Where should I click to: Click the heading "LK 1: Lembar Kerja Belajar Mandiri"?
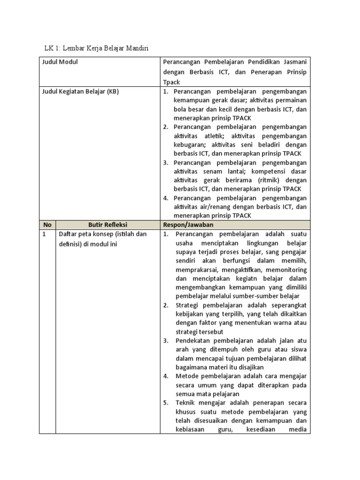point(96,48)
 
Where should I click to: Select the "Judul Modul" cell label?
point(60,62)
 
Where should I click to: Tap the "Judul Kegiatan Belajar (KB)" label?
point(80,91)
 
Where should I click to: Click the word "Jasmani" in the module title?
point(294,62)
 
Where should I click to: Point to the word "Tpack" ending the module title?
point(172,82)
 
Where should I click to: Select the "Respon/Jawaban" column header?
point(188,225)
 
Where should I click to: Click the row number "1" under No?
point(44,234)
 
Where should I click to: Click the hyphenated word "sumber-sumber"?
point(257,296)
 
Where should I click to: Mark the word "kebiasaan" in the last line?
point(190,429)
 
